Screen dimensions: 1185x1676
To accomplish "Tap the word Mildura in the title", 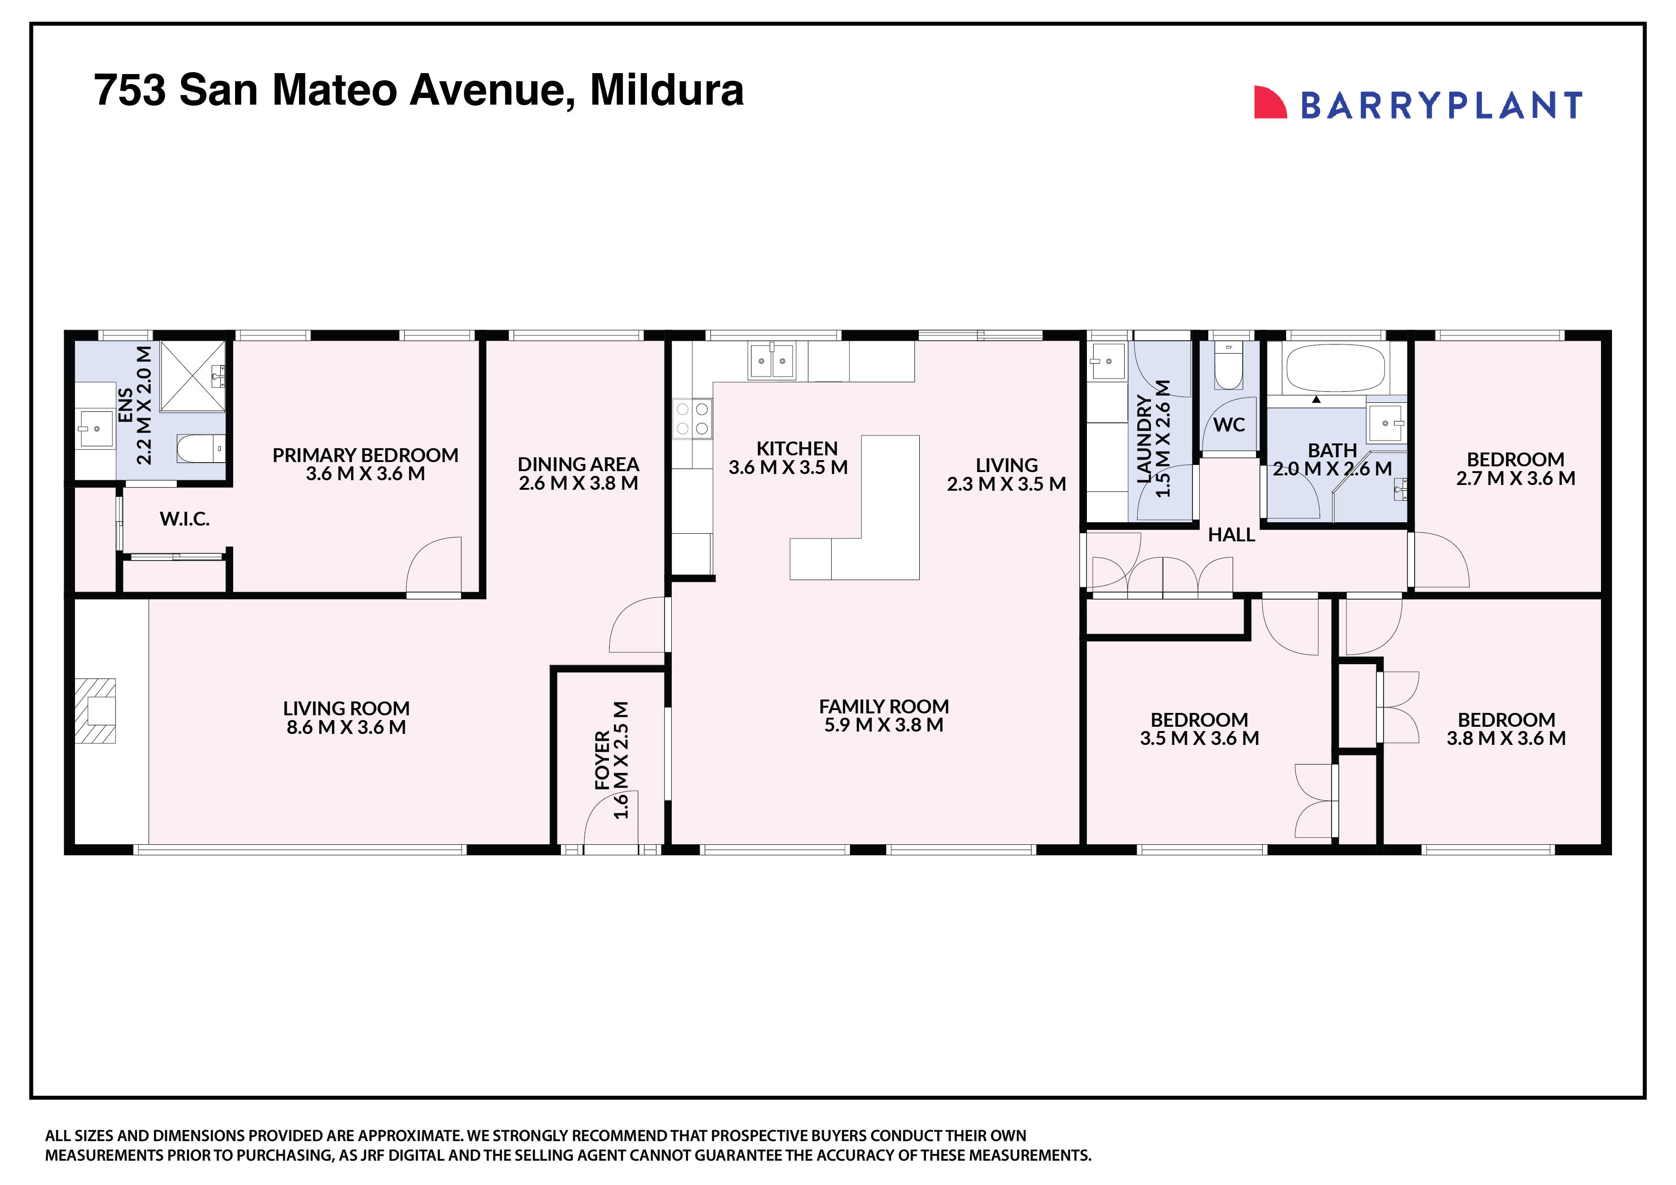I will point(666,90).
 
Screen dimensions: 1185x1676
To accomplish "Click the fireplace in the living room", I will point(96,711).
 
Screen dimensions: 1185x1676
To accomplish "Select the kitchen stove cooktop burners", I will point(692,419).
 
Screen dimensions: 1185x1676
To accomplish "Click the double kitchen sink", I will point(772,361).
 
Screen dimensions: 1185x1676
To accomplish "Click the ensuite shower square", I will point(192,375).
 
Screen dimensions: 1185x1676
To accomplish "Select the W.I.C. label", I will point(185,519).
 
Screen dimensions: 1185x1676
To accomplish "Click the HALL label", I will point(1232,535).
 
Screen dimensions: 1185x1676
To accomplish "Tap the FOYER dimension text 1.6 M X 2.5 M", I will point(621,760).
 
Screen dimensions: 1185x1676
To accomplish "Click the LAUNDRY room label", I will point(1144,440).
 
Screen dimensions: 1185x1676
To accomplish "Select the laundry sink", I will point(1107,361).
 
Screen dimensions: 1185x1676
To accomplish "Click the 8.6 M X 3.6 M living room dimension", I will point(346,727).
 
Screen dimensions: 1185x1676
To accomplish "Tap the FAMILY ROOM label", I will point(884,706).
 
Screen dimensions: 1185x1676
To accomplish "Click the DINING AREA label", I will point(578,464).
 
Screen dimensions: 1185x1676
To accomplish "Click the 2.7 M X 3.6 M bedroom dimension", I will point(1515,478).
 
